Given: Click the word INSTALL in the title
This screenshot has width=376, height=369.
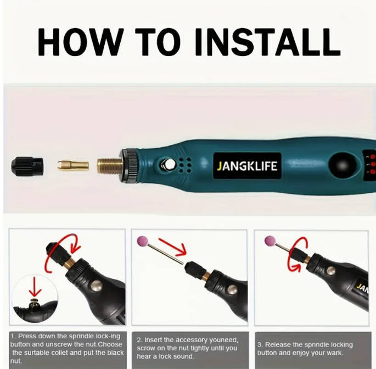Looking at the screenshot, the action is point(267,42).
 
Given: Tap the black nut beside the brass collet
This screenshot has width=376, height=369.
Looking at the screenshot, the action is point(27,165).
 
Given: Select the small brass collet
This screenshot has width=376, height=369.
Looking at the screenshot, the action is point(73,165).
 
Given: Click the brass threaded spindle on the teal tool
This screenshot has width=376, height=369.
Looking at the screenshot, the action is point(110,166).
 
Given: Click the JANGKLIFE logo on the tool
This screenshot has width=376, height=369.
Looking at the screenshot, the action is point(247,166).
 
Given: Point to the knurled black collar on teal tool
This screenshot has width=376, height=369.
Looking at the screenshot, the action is point(130,165).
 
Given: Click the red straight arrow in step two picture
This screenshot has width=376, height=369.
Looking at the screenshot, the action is point(173,247).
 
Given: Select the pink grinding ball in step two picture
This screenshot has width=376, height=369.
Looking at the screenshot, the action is point(142,242).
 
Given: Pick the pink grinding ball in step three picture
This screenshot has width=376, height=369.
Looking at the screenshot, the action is point(270,241).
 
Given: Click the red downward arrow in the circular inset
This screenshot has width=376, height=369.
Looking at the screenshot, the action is point(35,287).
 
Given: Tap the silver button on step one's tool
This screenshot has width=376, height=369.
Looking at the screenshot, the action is point(96,286).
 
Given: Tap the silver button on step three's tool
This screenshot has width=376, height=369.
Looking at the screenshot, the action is point(331,271).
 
